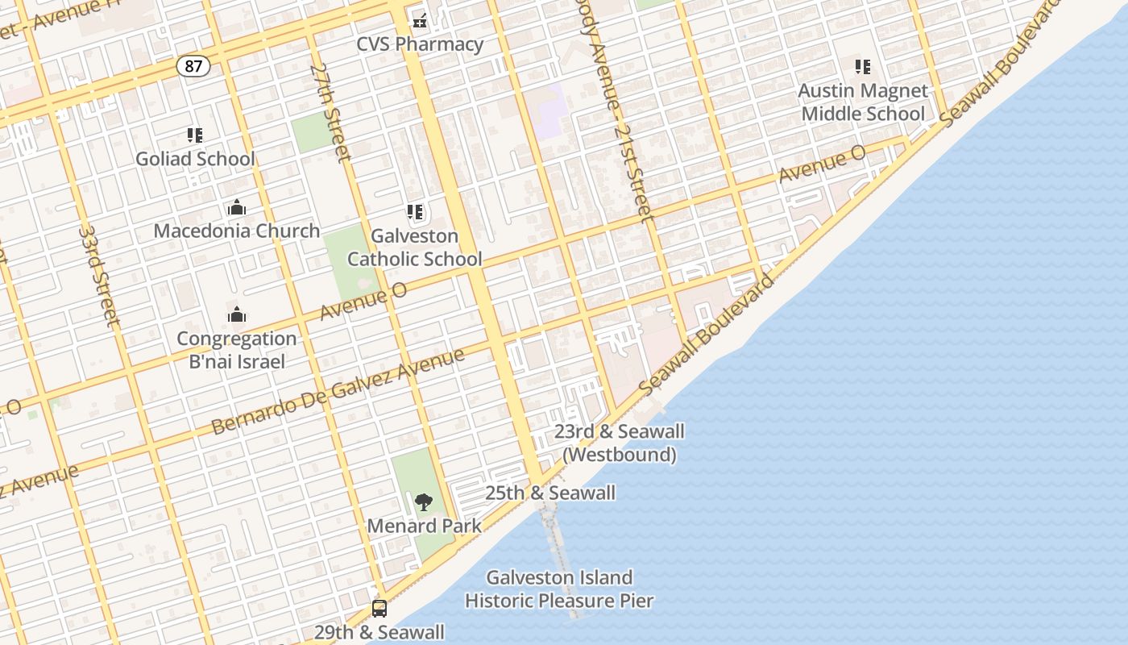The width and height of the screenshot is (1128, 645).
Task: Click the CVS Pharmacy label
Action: [420, 44]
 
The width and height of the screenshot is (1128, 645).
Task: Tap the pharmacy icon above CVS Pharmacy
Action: [419, 18]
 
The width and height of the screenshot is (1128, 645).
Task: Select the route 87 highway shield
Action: [193, 66]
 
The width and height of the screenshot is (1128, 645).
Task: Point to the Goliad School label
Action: [195, 159]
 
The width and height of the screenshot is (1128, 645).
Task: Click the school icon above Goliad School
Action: [194, 135]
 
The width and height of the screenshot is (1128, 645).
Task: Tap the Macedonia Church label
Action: [237, 231]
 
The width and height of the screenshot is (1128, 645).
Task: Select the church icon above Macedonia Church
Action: [236, 207]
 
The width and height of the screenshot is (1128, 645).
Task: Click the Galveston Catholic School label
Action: [414, 248]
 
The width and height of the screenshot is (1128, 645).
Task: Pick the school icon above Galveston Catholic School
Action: [415, 213]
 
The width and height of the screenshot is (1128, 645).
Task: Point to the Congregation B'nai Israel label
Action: [237, 350]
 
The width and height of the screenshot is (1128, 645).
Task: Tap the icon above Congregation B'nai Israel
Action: [236, 314]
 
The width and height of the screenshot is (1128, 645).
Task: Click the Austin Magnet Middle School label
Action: [863, 102]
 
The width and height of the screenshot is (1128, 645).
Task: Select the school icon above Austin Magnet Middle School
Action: [863, 67]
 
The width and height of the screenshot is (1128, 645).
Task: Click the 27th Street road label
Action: [331, 112]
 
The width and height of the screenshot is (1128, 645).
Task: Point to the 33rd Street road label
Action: [100, 277]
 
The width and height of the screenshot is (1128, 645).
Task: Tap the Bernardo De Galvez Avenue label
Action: [338, 391]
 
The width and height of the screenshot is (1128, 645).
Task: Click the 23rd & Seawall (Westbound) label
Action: [619, 443]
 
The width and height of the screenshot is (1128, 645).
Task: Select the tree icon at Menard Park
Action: [424, 502]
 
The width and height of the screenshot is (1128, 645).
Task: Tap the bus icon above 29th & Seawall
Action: [379, 609]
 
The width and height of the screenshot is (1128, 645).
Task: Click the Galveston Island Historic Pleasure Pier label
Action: [559, 589]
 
